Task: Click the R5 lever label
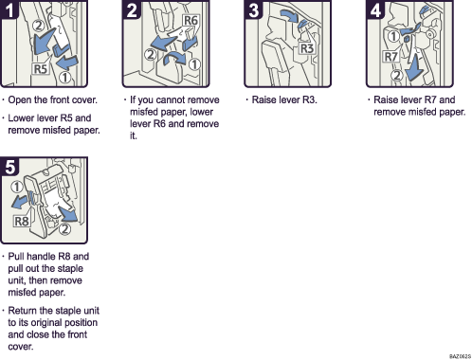(41, 69)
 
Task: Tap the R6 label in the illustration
(191, 21)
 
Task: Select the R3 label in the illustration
(306, 49)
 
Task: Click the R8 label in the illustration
(23, 221)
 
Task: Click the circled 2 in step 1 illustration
(37, 27)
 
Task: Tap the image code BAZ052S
(454, 354)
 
